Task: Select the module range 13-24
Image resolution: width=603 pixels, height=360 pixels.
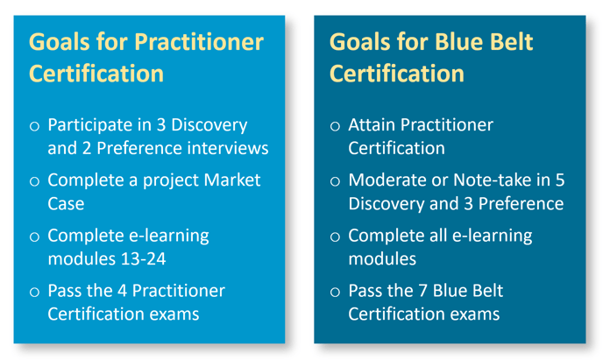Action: point(143,259)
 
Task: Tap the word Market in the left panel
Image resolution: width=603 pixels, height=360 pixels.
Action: point(232,180)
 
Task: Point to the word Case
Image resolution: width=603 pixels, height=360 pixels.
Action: point(66,203)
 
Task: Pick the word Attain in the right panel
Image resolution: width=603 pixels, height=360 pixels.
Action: point(372,125)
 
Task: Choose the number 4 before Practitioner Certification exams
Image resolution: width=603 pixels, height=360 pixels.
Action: point(123,291)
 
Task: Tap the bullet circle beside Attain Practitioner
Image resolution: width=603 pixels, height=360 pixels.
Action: point(335,126)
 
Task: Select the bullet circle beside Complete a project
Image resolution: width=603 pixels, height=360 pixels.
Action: point(34,181)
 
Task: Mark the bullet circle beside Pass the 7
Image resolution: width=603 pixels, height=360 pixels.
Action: point(335,292)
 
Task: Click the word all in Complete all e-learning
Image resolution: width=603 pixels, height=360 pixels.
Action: point(438,236)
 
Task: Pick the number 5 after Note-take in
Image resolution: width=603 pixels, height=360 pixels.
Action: point(560,180)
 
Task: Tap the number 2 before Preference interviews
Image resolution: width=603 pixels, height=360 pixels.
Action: point(87,148)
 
